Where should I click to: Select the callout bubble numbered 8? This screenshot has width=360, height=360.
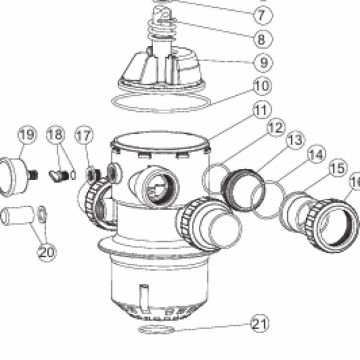click(x=262, y=39)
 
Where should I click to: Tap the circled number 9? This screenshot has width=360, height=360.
click(x=263, y=62)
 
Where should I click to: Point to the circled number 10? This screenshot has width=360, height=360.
click(x=262, y=86)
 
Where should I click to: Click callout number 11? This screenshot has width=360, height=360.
click(x=261, y=111)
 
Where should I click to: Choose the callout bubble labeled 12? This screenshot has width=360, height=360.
click(x=276, y=128)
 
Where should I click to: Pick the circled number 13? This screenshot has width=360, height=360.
click(x=295, y=140)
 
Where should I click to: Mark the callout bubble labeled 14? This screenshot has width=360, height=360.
click(x=316, y=155)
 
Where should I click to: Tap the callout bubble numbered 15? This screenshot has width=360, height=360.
click(x=337, y=169)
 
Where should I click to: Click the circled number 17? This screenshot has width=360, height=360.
click(x=84, y=136)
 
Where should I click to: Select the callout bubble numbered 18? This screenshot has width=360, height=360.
click(x=56, y=135)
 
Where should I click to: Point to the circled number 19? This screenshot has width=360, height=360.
click(x=27, y=135)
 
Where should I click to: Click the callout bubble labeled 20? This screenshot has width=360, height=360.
click(x=46, y=252)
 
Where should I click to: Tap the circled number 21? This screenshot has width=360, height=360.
click(x=259, y=324)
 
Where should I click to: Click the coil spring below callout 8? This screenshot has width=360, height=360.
click(x=161, y=29)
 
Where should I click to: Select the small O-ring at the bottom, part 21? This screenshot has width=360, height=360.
click(x=156, y=329)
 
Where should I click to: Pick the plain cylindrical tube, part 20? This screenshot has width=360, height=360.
click(x=17, y=215)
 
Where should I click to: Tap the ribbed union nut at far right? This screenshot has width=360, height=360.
click(x=332, y=225)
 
